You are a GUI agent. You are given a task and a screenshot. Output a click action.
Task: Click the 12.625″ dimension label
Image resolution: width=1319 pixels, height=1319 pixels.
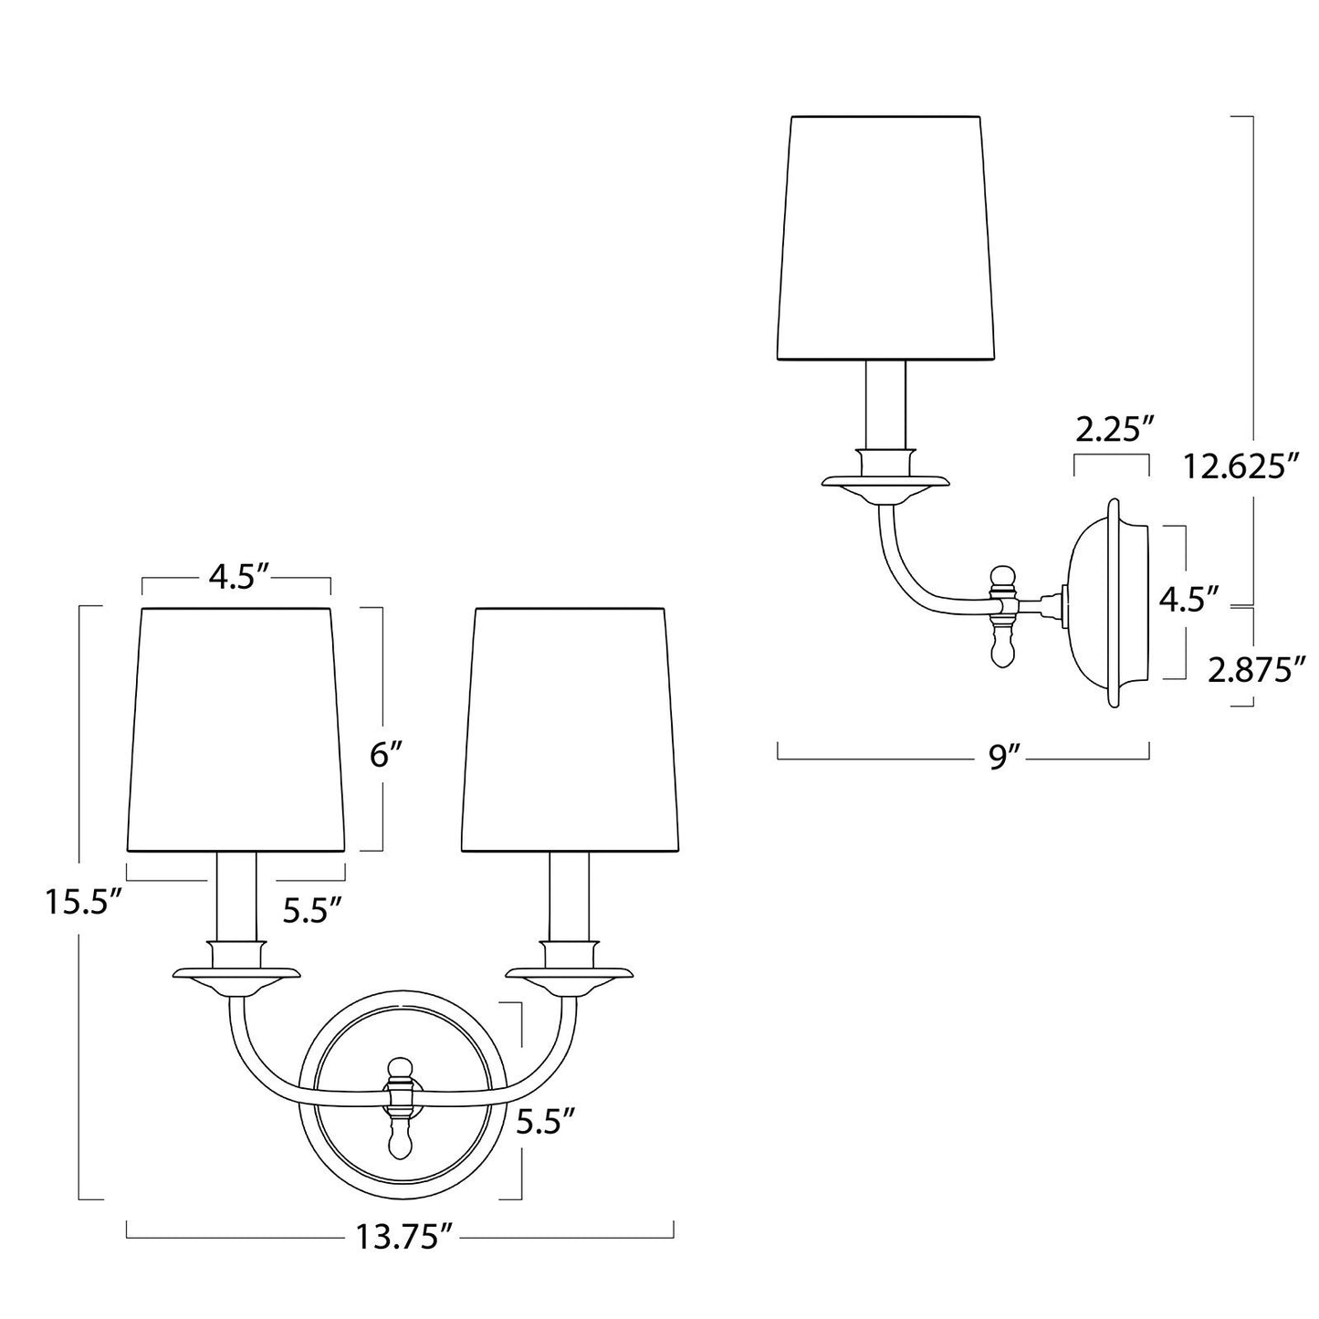coord(1240,467)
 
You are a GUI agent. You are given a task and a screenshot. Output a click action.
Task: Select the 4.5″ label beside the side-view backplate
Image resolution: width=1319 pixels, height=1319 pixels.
coord(1189,601)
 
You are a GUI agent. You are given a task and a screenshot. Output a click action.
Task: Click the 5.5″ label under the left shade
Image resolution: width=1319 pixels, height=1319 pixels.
coord(312,910)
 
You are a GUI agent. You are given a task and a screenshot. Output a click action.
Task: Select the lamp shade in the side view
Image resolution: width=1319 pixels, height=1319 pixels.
coord(886,237)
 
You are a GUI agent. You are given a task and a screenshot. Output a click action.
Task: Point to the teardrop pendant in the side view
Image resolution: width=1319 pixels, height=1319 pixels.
coord(1003,649)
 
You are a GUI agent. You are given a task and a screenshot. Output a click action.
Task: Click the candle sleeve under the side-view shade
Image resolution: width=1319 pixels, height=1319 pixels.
coord(886,403)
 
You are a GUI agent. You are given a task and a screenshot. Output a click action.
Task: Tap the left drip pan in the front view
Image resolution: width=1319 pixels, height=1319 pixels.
coord(236,974)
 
